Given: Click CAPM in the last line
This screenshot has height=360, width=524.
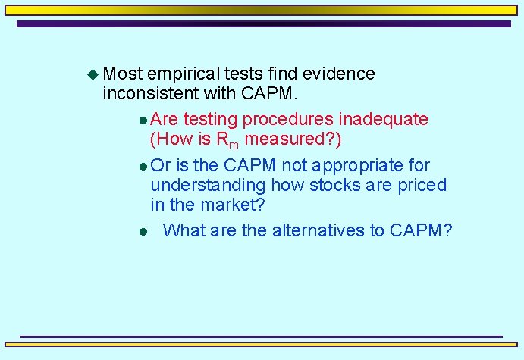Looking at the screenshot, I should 420,230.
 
